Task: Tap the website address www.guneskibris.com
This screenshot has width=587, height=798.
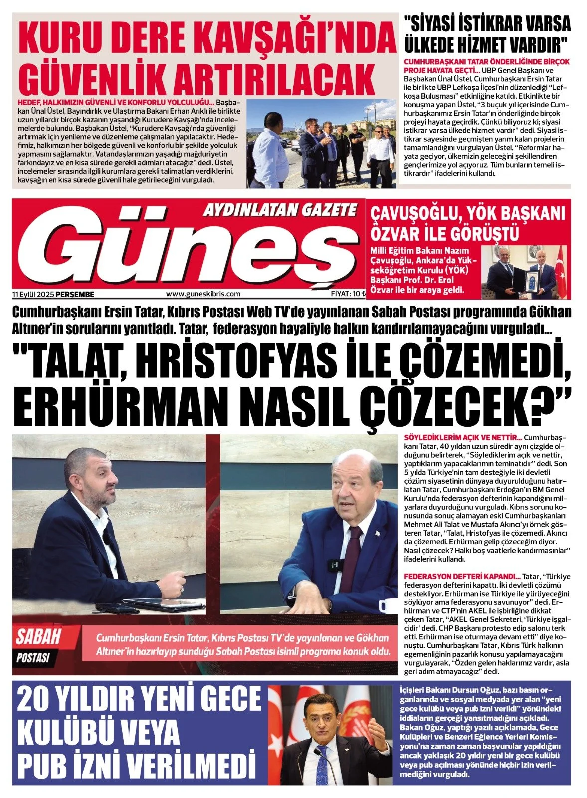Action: click(x=203, y=294)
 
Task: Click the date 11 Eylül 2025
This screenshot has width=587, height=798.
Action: click(x=33, y=294)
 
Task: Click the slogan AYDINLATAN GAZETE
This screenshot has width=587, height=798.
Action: click(x=280, y=210)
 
